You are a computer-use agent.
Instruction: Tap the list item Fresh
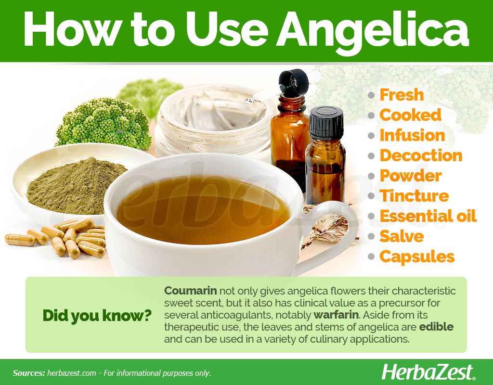click(x=402, y=95)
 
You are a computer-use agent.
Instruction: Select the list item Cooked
click(x=410, y=115)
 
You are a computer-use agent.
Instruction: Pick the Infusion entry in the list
click(x=412, y=135)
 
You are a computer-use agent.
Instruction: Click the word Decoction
click(x=421, y=155)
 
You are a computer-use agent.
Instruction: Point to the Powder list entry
click(x=411, y=176)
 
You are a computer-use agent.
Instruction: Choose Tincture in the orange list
click(x=414, y=196)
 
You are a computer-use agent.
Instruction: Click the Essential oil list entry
click(x=428, y=216)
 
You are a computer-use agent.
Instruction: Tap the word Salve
click(x=402, y=236)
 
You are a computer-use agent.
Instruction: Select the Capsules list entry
click(x=417, y=257)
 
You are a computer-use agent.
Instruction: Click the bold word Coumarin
click(x=191, y=291)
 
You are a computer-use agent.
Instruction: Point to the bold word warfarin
click(x=336, y=315)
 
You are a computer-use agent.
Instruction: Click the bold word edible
click(x=436, y=327)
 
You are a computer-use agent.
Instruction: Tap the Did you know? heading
click(x=97, y=316)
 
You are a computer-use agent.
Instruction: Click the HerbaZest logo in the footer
click(x=428, y=372)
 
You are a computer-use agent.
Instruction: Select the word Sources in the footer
click(x=29, y=373)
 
